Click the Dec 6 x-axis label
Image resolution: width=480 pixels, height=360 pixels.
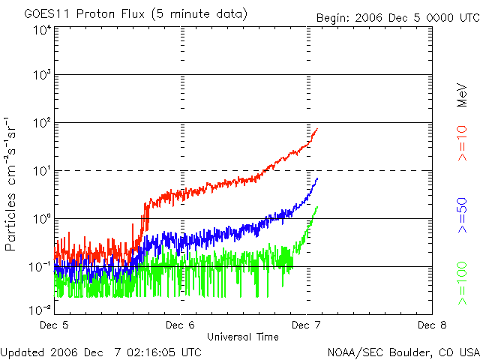[180, 325]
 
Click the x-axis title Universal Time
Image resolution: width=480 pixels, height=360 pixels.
[243, 337]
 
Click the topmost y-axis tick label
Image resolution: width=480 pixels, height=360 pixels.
[41, 30]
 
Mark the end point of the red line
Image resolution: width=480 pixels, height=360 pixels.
[317, 129]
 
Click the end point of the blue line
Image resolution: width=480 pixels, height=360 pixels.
[318, 178]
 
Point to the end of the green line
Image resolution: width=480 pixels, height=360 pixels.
[317, 207]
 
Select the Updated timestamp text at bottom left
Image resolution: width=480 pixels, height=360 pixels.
[100, 351]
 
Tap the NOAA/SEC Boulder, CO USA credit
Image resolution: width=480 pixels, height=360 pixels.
[403, 352]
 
